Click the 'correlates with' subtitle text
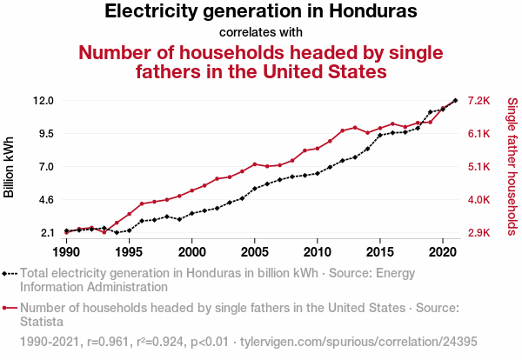pos(261,33)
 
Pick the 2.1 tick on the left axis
pos(45,233)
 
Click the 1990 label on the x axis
pos(66,252)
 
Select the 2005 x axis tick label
pos(255,252)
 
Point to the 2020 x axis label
pos(443,252)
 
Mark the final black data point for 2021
pos(455,101)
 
